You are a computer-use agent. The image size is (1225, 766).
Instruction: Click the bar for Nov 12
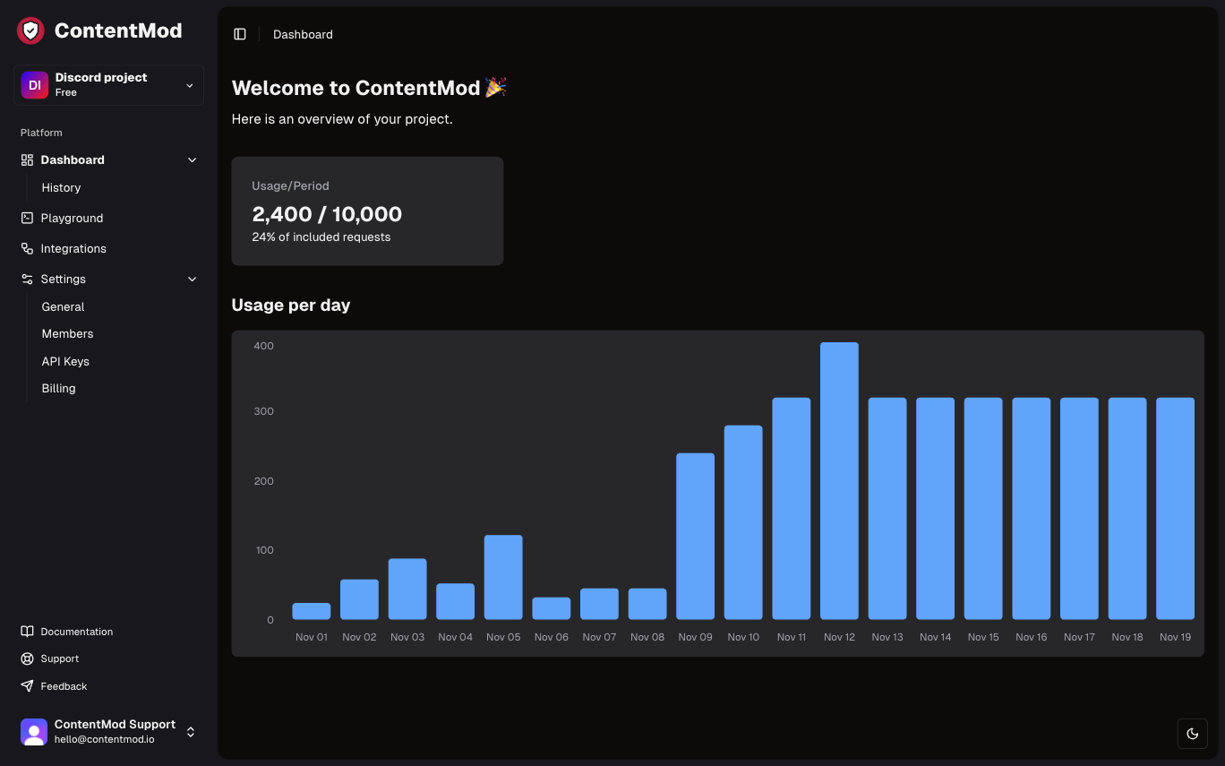(x=839, y=480)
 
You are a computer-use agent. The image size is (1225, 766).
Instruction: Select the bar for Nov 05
(x=503, y=577)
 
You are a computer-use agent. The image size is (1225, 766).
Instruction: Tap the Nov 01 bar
(x=311, y=611)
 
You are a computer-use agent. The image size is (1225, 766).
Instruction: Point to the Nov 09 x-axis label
(x=695, y=637)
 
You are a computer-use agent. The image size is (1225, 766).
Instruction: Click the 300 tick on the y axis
(x=263, y=411)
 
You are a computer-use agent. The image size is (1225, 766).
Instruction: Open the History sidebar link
(x=61, y=187)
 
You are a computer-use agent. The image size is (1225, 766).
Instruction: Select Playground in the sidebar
(x=72, y=218)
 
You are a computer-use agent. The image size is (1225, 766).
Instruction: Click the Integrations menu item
(x=73, y=248)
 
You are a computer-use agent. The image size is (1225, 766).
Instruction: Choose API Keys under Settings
(x=65, y=361)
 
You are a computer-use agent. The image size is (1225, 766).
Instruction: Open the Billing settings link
(x=58, y=388)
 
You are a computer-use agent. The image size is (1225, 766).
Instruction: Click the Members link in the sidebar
(x=67, y=333)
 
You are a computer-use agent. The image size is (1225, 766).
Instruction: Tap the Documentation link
(x=76, y=632)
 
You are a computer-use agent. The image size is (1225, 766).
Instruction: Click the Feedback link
(x=64, y=686)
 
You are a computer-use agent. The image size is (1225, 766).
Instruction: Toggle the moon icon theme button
(x=1192, y=733)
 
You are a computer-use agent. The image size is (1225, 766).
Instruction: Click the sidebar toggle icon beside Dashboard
(x=240, y=34)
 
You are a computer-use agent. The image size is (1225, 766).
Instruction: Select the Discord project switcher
(x=108, y=85)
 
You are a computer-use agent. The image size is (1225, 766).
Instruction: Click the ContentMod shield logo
(x=30, y=30)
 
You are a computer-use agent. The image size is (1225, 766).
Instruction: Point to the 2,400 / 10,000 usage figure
(x=327, y=214)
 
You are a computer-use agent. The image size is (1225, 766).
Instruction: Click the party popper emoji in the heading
(x=495, y=87)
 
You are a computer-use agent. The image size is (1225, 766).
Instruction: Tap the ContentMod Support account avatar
(x=34, y=732)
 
